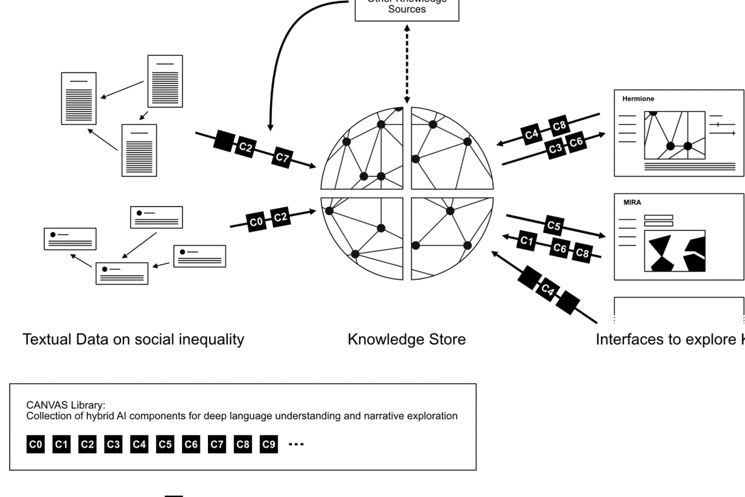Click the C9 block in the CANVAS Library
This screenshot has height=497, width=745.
(268, 444)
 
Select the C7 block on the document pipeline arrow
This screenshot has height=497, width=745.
(282, 158)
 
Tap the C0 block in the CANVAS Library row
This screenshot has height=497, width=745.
(36, 444)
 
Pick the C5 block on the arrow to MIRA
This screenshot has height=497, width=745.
(554, 225)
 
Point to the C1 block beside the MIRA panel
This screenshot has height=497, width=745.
(526, 240)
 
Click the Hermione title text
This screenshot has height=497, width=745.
(638, 99)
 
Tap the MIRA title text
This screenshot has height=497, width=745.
(632, 203)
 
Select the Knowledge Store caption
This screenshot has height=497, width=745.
(407, 339)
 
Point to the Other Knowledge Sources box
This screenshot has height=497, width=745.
(407, 9)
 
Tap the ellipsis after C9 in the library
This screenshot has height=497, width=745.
(296, 444)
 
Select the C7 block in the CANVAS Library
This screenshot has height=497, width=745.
(217, 444)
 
